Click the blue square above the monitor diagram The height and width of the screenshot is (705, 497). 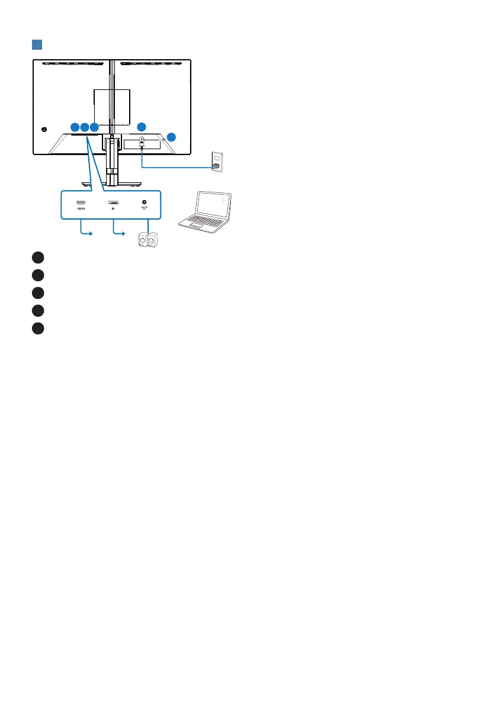point(37,46)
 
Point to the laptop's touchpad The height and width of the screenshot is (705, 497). point(198,226)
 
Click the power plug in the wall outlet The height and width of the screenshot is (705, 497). point(216,167)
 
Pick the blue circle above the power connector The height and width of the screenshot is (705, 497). point(141,127)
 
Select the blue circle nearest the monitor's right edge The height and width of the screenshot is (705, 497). point(171,137)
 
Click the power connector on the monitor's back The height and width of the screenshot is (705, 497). point(142,142)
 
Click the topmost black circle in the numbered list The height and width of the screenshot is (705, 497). point(37,256)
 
